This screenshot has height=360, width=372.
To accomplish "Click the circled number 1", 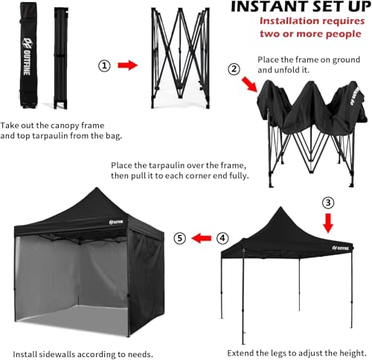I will pos(106,66).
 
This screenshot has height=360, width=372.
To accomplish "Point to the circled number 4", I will pos(222,239).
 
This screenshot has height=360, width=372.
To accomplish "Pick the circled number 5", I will pos(179,239).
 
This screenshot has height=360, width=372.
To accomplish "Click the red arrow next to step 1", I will pos(129,66).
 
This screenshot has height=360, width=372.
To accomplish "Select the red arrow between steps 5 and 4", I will pos(200,239).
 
